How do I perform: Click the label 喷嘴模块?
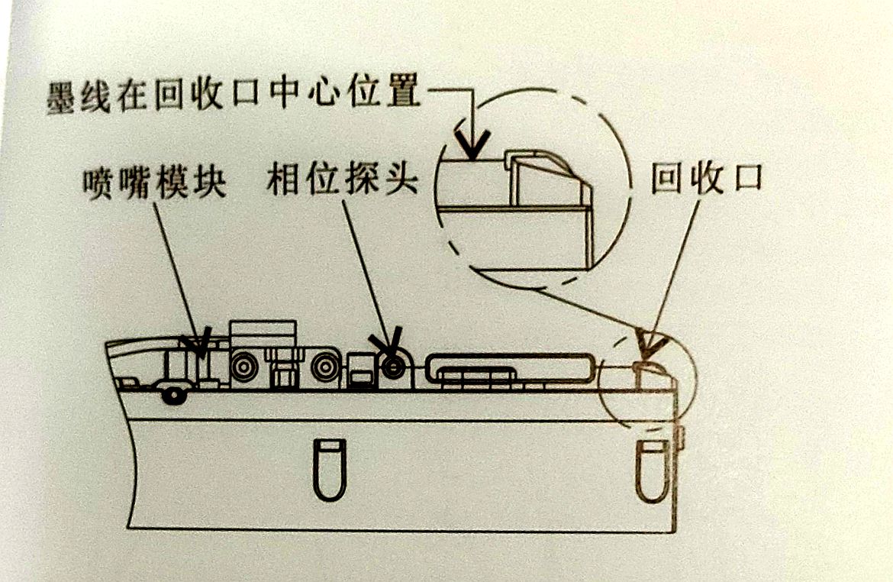pos(155,183)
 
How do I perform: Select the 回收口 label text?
pos(707,180)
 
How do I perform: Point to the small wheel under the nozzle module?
pos(175,395)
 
